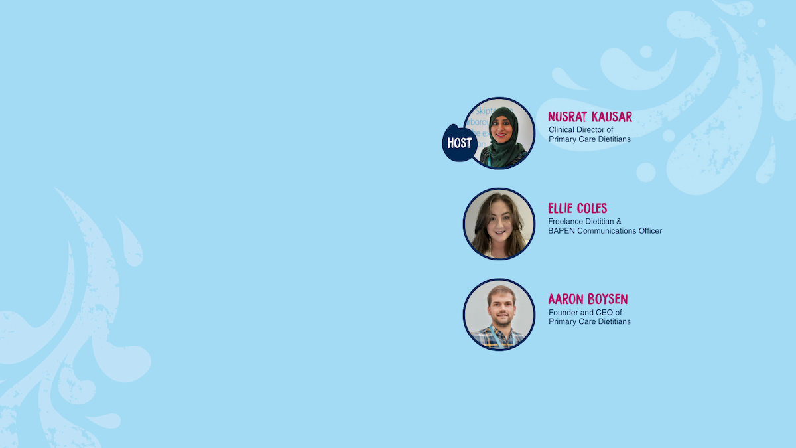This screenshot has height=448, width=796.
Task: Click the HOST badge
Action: (460, 143)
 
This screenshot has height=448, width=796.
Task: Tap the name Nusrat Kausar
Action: (590, 117)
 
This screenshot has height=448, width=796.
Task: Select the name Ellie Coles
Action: (578, 208)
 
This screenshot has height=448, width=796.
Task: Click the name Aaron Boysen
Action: (588, 299)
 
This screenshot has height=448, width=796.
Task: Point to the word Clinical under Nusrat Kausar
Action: (561, 130)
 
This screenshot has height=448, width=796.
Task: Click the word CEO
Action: (604, 312)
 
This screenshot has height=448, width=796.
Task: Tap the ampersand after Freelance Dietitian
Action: (619, 221)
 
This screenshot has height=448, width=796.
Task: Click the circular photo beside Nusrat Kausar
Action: (499, 133)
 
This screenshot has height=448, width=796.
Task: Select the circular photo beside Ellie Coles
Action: (499, 224)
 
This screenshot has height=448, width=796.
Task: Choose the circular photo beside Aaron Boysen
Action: (499, 315)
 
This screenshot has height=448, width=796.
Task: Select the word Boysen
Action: (608, 299)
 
